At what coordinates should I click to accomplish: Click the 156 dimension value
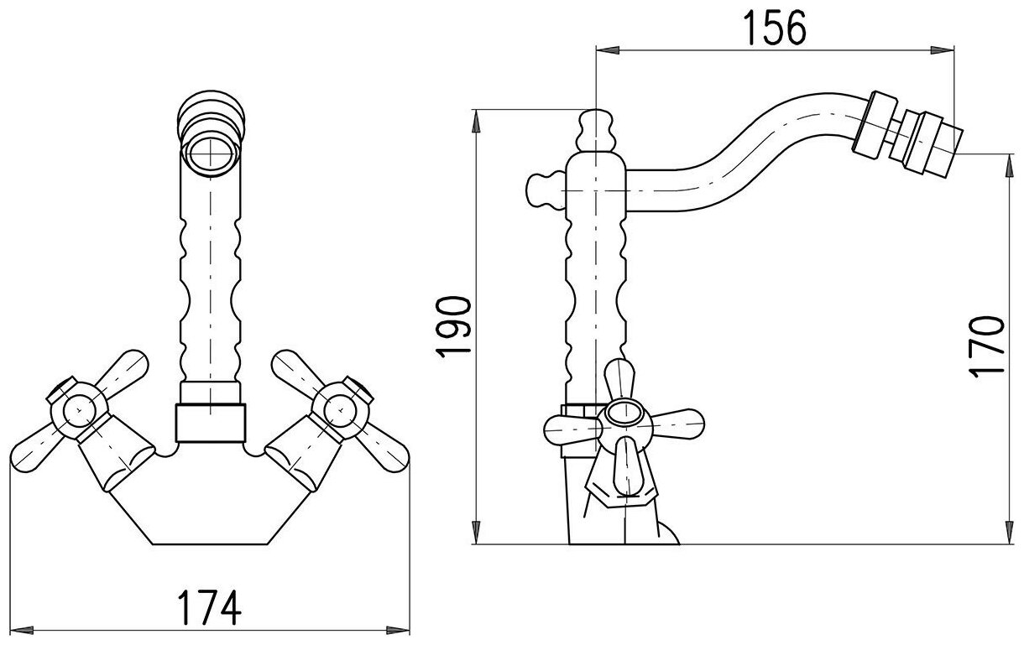pyautogui.click(x=774, y=29)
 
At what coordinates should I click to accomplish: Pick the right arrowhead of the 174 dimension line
pyautogui.click(x=406, y=627)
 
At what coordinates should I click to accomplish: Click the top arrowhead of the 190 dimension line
pyautogui.click(x=477, y=118)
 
